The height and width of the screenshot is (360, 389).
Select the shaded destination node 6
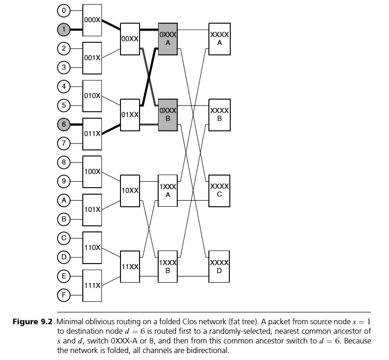coord(64,124)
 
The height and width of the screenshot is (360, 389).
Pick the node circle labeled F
coord(64,294)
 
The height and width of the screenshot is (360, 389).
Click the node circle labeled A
coord(64,200)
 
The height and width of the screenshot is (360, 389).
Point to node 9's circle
coord(64,181)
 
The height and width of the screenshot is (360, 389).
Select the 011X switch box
coord(92,134)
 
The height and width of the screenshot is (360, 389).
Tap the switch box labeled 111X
coord(92,285)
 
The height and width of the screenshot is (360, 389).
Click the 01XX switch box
coord(130,115)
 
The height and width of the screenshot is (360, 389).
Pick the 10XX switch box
coord(130,190)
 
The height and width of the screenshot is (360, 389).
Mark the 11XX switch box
coord(130,266)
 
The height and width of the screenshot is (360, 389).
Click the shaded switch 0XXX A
coord(168,39)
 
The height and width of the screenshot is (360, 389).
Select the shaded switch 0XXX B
coord(168,115)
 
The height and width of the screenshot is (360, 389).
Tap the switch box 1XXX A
coord(168,190)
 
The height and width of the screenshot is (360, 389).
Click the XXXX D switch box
coord(219,266)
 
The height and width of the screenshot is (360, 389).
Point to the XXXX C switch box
coord(219,190)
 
